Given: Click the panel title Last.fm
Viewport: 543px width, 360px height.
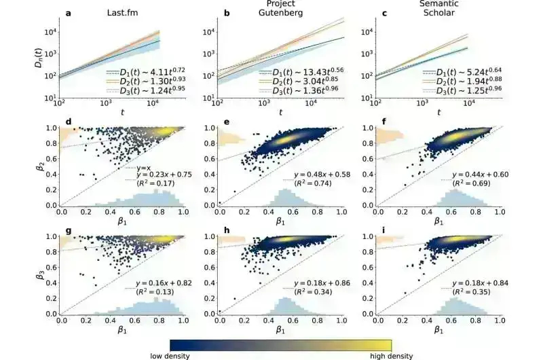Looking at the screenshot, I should pyautogui.click(x=124, y=12).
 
